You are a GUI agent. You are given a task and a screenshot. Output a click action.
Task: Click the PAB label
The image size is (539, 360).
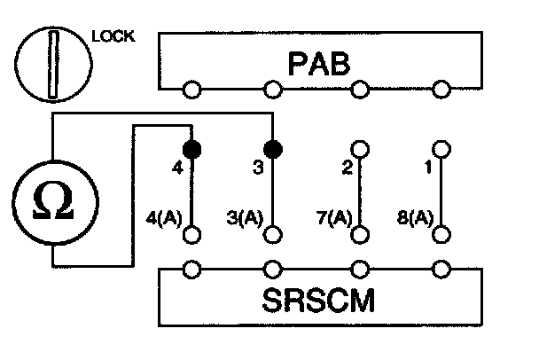pyautogui.click(x=318, y=63)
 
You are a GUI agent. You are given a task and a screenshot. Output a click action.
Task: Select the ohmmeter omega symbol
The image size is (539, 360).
pyautogui.click(x=53, y=203)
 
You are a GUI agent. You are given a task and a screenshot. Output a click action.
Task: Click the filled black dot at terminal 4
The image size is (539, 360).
pyautogui.click(x=190, y=147)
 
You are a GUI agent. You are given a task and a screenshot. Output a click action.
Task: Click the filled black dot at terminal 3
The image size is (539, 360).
pyautogui.click(x=274, y=147)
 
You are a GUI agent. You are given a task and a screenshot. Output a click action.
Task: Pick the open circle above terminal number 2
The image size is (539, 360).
pyautogui.click(x=359, y=147)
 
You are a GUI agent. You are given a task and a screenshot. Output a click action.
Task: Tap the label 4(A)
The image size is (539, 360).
pyautogui.click(x=163, y=215)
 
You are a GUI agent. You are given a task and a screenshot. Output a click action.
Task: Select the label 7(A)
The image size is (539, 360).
pyautogui.click(x=334, y=215)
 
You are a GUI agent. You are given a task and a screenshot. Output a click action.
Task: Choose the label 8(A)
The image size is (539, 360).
pyautogui.click(x=415, y=215)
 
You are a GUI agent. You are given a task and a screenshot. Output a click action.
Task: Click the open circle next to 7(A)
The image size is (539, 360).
pyautogui.click(x=359, y=235)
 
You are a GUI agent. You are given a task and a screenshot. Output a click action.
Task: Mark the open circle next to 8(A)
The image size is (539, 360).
pyautogui.click(x=441, y=235)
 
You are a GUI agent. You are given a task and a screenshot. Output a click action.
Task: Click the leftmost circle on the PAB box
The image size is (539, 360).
pyautogui.click(x=190, y=89)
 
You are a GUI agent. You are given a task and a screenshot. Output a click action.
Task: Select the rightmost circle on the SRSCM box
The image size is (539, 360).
pyautogui.click(x=441, y=268)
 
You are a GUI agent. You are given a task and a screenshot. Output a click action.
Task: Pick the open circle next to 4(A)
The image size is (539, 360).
pyautogui.click(x=190, y=235)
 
